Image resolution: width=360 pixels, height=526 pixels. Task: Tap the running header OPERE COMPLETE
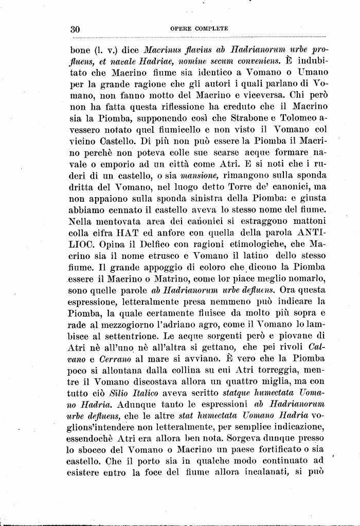(199, 29)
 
